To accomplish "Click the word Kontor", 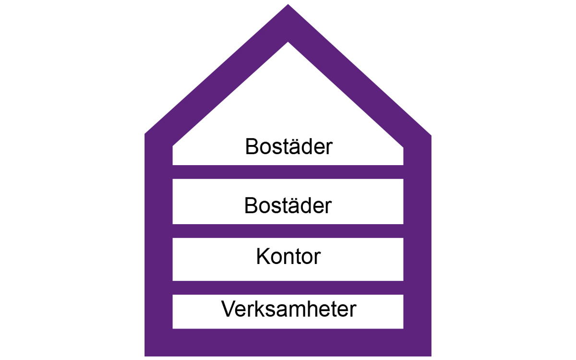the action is [288, 257].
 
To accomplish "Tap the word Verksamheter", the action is [289, 309].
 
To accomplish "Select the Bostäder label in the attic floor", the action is [289, 146].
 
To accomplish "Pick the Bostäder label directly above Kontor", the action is [288, 205].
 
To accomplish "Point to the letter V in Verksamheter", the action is [229, 309].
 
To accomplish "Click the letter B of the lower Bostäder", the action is [251, 205].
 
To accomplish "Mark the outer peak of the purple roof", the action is [288, 4].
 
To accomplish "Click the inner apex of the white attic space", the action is [288, 42].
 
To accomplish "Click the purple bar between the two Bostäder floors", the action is [288, 172].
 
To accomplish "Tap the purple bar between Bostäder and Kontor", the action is [288, 231].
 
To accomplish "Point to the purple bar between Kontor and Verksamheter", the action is [288, 288].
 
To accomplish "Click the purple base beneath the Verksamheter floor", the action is [288, 343].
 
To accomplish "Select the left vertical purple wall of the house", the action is [158, 244].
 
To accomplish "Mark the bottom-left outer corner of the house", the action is [145, 356].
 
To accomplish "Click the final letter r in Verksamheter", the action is [353, 311].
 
